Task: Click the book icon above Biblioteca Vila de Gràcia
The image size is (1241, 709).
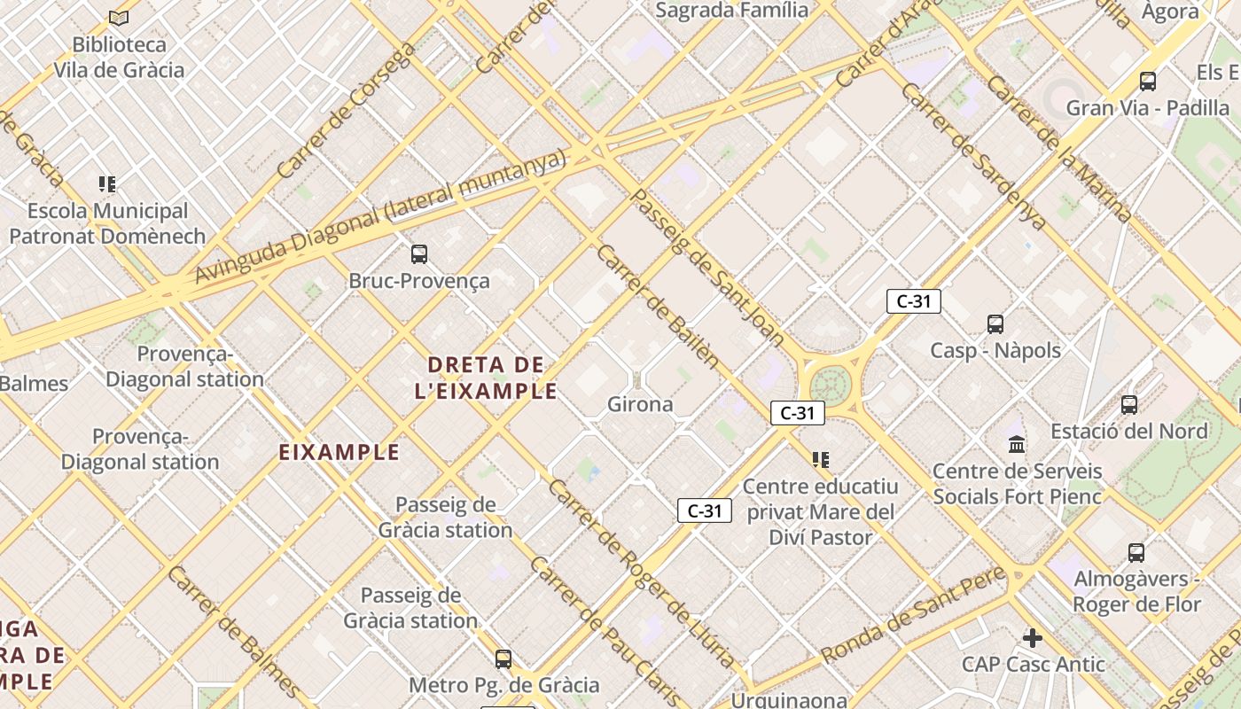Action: [119, 18]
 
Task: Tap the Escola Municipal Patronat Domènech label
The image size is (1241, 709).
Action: [107, 223]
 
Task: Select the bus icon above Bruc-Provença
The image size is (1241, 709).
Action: [419, 254]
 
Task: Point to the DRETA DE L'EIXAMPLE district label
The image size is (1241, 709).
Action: [486, 378]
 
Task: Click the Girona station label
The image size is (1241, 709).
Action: [640, 404]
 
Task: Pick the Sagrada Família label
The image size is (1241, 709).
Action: [731, 11]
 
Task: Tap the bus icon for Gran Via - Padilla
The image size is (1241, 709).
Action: [1148, 82]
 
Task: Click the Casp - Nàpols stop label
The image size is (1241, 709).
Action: [995, 350]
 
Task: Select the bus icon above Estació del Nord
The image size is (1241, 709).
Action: [1129, 405]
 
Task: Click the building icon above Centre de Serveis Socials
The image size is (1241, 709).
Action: [1017, 444]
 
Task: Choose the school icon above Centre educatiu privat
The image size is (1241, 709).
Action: [821, 459]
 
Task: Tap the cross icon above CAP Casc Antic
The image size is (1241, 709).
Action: [1033, 637]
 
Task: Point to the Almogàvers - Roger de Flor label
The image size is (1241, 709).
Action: [1137, 592]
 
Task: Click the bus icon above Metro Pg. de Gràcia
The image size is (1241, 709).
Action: [503, 659]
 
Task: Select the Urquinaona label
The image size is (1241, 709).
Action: [788, 700]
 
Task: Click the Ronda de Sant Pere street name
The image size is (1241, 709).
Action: [913, 614]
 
